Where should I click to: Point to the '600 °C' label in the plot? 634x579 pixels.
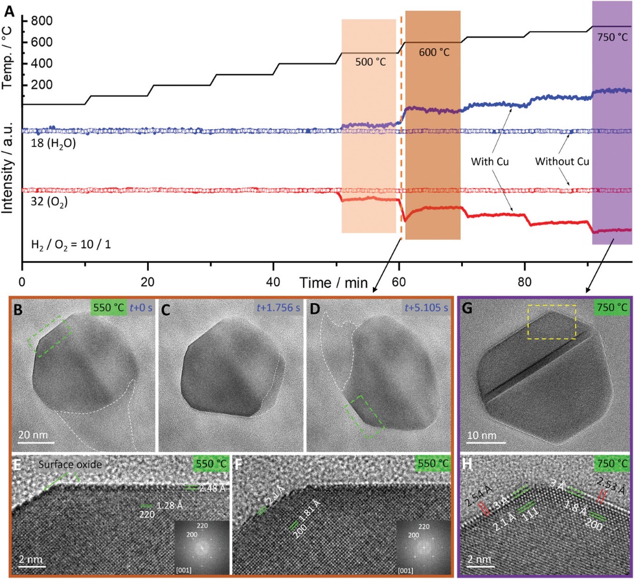434,52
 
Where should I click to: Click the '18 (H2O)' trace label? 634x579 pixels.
53,142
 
